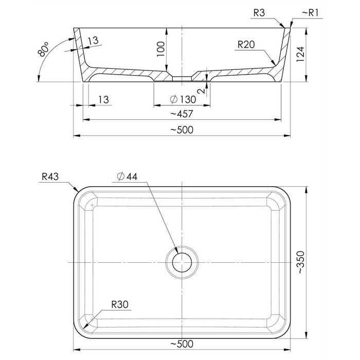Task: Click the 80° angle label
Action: (x=43, y=49)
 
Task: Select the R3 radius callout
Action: (x=259, y=13)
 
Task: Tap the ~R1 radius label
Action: (x=310, y=13)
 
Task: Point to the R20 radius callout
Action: (x=246, y=44)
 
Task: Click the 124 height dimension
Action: (x=300, y=54)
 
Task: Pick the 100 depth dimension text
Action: (x=160, y=49)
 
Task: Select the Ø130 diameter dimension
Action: (x=183, y=99)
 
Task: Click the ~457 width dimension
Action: (x=182, y=114)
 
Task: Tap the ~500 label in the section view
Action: (x=182, y=130)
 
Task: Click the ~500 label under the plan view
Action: (x=182, y=344)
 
